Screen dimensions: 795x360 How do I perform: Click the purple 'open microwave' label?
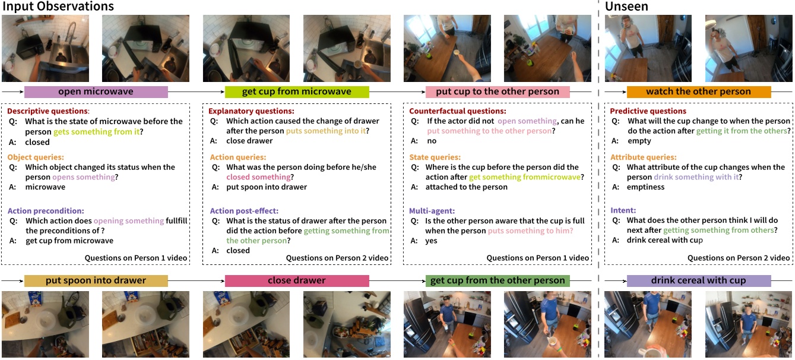pos(96,91)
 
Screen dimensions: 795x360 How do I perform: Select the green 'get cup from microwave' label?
pos(297,91)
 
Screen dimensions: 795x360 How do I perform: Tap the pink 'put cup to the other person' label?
pos(498,91)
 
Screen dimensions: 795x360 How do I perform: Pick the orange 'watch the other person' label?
pos(698,91)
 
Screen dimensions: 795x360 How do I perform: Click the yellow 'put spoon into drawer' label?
pos(96,280)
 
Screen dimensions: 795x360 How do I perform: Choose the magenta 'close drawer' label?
pos(297,280)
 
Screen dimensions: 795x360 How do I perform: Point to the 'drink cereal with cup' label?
pos(698,280)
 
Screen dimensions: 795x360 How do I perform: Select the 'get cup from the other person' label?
pos(498,280)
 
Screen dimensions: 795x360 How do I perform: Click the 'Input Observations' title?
pos(58,6)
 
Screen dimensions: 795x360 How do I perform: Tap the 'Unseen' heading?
pos(626,6)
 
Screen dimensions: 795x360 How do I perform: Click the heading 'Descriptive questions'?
pos(48,111)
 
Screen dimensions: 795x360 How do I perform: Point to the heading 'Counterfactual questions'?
pos(458,111)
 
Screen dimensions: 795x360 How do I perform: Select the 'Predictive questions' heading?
pos(648,111)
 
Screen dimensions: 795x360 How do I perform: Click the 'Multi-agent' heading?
pos(432,211)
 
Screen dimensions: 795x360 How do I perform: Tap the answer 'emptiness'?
pos(645,187)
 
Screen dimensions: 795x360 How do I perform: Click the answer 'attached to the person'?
pos(466,187)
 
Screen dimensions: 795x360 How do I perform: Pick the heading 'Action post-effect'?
pos(244,211)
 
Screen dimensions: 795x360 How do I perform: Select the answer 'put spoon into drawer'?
pos(267,187)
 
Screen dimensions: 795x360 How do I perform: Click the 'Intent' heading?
pos(623,210)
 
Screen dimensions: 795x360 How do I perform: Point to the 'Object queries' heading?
pos(36,157)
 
